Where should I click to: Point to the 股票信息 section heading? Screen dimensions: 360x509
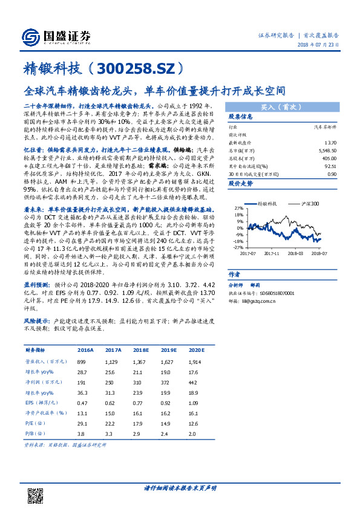click(240, 115)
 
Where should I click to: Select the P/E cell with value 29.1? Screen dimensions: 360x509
click(82, 423)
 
